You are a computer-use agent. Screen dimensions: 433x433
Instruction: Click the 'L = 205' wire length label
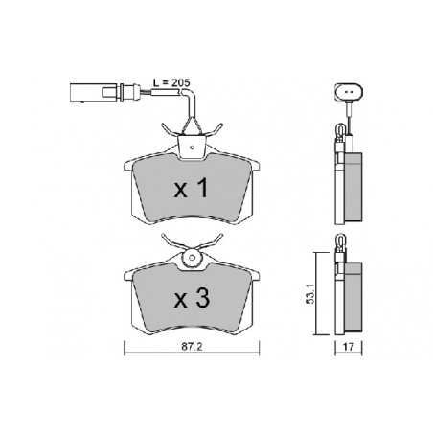click(171, 82)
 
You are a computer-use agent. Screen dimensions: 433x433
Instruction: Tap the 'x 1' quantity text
click(192, 189)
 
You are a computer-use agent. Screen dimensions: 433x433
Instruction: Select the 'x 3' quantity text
click(192, 298)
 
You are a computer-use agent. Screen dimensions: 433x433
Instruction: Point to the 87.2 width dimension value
click(192, 347)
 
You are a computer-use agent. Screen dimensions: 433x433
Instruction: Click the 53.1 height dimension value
click(310, 294)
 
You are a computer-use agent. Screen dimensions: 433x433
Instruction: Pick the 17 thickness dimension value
click(349, 347)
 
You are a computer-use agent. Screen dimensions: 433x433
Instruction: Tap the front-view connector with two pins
click(349, 91)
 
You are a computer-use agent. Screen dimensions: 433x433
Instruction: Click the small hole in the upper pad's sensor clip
click(192, 148)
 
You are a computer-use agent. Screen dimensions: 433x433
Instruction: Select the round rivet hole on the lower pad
click(192, 258)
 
